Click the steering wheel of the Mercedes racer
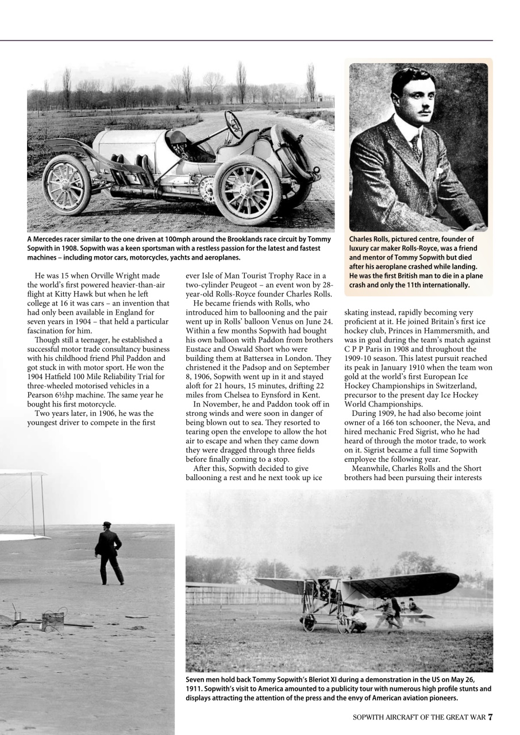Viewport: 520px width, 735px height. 233,125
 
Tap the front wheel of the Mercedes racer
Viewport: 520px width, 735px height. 247,190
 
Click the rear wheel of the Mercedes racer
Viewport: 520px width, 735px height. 66,184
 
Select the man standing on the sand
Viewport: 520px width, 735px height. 109,552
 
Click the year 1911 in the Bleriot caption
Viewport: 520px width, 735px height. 194,688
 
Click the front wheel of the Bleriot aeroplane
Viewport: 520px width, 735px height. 309,622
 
